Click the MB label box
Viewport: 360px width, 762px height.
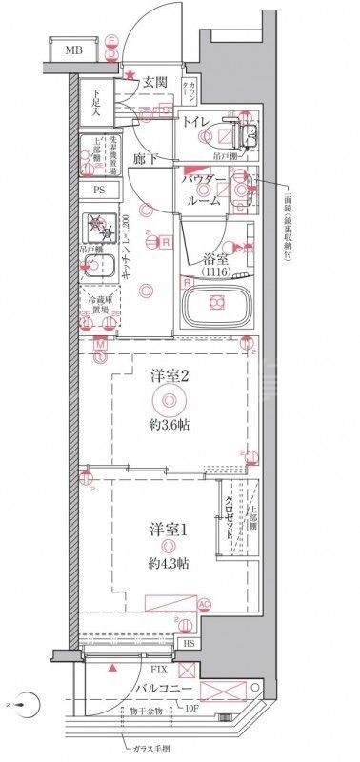click(72, 50)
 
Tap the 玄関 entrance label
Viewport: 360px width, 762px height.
click(156, 84)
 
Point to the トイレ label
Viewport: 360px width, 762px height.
click(197, 121)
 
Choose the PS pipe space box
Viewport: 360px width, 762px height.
click(99, 190)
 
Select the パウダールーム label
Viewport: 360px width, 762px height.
click(204, 191)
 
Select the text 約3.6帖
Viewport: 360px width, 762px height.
click(168, 425)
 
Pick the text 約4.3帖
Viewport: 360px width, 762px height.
click(168, 564)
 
